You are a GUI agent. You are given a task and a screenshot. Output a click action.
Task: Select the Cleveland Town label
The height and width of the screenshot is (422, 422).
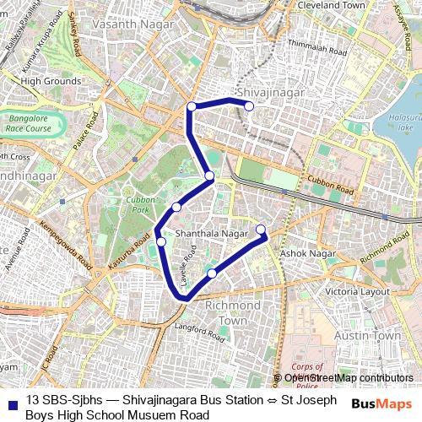pyautogui.click(x=333, y=5)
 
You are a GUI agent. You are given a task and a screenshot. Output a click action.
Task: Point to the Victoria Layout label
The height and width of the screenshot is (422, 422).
pyautogui.click(x=358, y=292)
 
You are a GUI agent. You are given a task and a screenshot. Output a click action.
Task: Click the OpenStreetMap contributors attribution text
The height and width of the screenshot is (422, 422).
pyautogui.click(x=348, y=378)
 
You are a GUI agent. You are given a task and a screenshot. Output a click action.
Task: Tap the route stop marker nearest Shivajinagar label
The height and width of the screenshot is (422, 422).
pyautogui.click(x=249, y=105)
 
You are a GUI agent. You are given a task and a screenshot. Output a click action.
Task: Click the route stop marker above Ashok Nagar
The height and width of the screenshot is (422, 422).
pyautogui.click(x=260, y=230)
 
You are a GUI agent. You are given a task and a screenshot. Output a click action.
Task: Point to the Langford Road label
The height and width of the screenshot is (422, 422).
pyautogui.click(x=198, y=327)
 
